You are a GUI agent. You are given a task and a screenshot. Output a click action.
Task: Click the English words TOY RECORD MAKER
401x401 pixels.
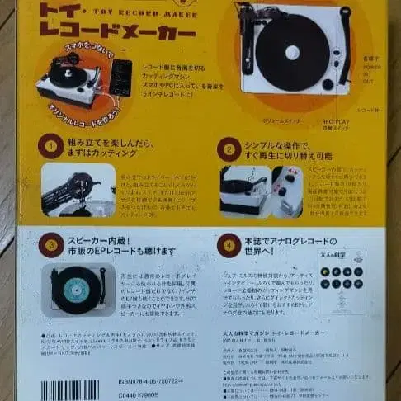[x=124, y=12]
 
